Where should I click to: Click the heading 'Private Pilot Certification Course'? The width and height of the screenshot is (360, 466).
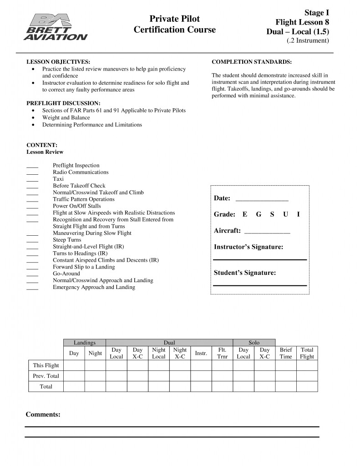[x=175, y=24]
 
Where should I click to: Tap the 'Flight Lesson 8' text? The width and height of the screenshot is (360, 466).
[x=302, y=22]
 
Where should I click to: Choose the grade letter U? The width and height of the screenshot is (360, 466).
[x=285, y=214]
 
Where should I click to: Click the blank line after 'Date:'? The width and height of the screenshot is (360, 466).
[x=262, y=200]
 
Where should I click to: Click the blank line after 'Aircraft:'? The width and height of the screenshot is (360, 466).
[x=267, y=232]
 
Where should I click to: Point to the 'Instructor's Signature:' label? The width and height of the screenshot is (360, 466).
[x=248, y=247]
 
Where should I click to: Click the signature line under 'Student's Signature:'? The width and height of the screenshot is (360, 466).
[x=260, y=285]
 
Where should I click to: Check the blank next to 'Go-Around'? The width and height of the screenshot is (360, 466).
[x=32, y=274]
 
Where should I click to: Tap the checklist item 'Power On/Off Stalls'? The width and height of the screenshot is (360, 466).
[x=77, y=206]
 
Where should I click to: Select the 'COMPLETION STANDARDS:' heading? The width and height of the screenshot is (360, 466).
[x=252, y=61]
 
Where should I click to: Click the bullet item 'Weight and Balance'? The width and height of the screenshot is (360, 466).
[x=66, y=117]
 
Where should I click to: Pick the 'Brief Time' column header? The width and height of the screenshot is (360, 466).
[x=286, y=353]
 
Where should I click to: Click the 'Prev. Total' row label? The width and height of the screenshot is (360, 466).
[x=46, y=376]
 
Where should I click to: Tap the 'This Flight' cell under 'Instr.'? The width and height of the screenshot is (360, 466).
[x=201, y=365]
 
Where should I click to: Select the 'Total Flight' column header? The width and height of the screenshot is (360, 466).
[x=307, y=353]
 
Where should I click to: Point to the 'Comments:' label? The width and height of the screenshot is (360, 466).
[x=43, y=414]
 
